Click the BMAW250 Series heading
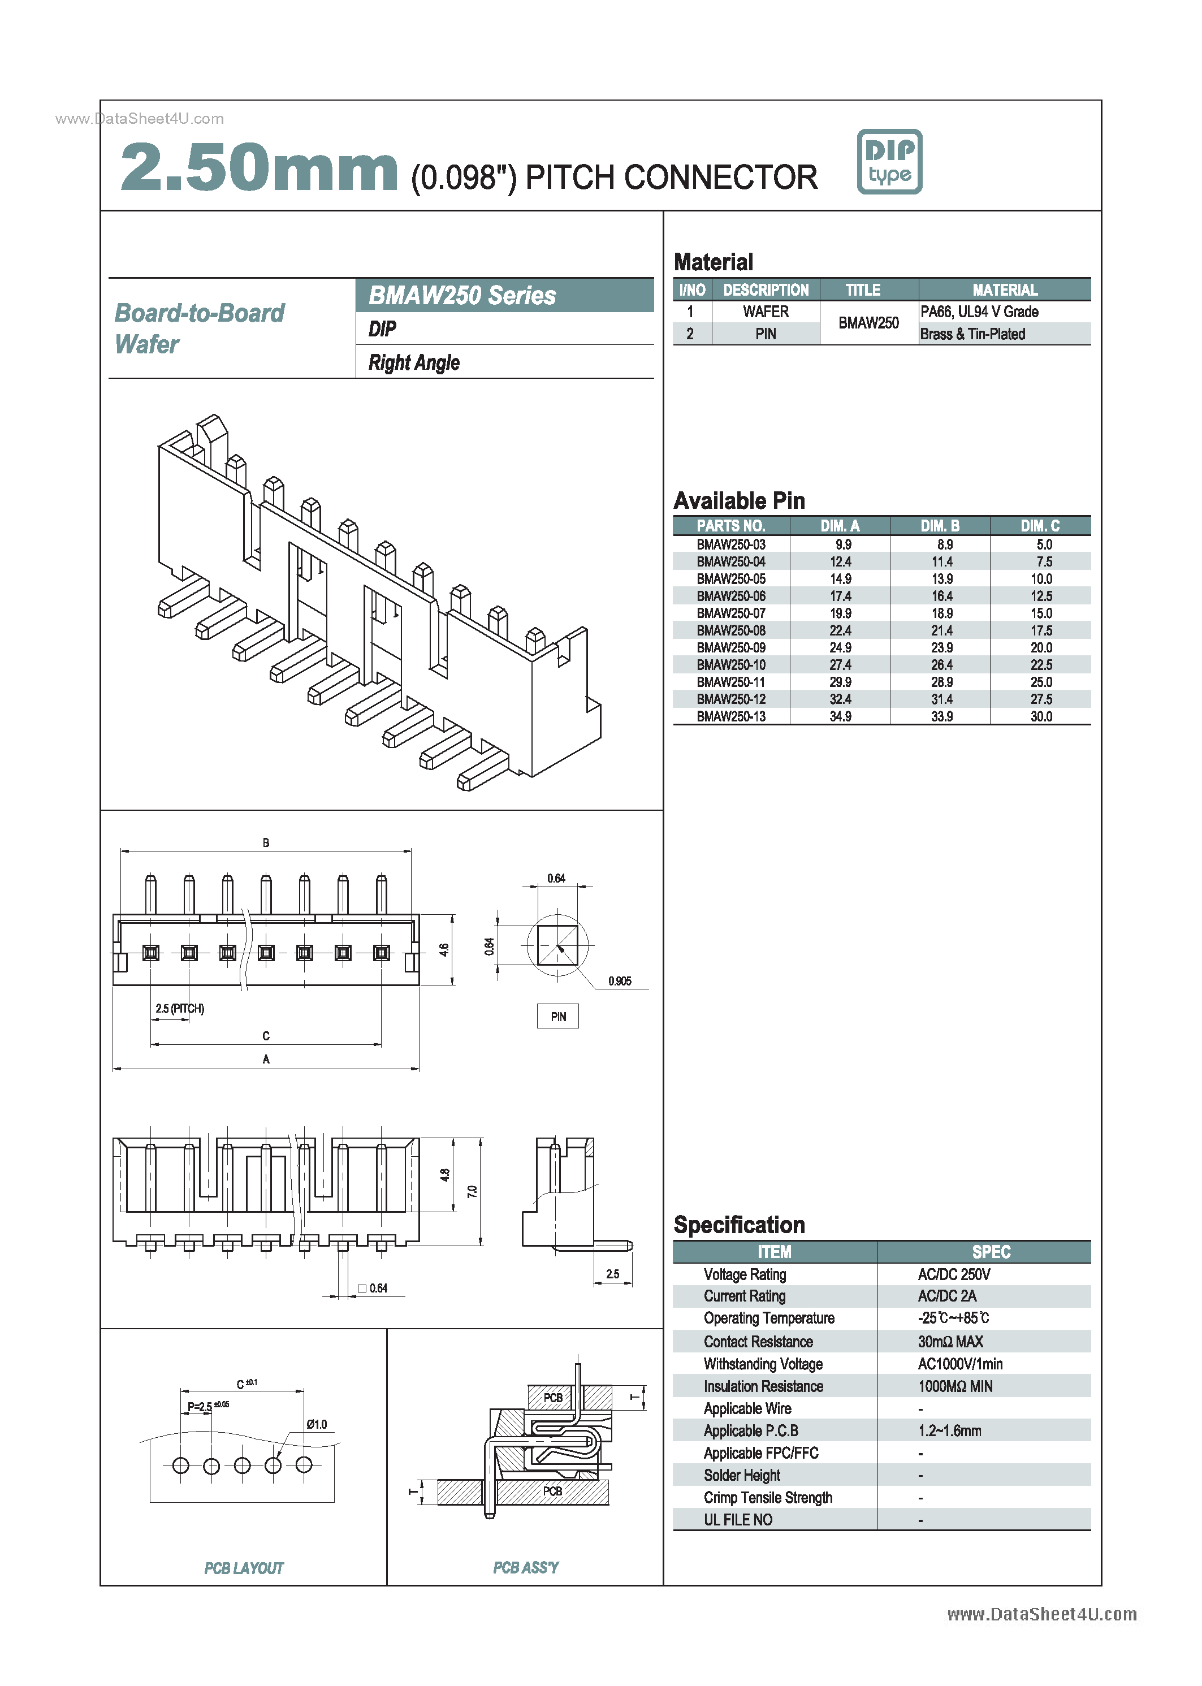pos(462,295)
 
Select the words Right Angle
pos(414,362)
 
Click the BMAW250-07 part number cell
pos(730,613)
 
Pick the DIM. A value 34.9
pos(840,716)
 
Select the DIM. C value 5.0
pos(1044,544)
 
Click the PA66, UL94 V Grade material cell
pos(979,312)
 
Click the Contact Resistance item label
pos(758,1342)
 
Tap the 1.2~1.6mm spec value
pos(950,1430)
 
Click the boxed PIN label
pos(558,1016)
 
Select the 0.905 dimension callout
pos(620,982)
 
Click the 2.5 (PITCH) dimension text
pos(180,1008)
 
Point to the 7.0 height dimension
pos(472,1192)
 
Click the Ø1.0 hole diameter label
pos(317,1424)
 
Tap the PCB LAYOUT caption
pos(244,1568)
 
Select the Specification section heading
pos(738,1225)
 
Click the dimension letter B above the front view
pos(266,842)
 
